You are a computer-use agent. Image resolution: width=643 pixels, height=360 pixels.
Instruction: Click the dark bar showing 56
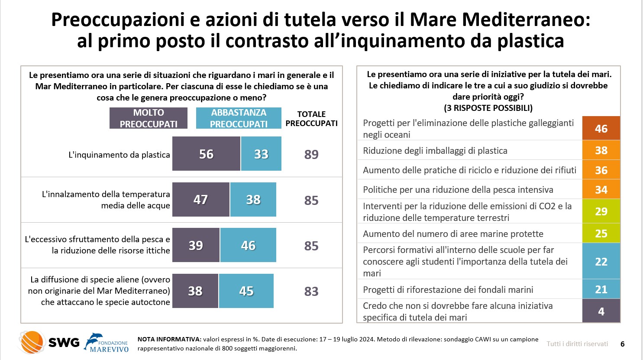pos(206,154)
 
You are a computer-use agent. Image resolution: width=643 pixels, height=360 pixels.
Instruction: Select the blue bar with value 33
pos(261,154)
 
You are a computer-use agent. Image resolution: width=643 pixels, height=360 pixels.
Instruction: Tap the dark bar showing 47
pos(201,199)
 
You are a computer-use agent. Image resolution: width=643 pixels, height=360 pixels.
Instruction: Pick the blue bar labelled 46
pos(248,245)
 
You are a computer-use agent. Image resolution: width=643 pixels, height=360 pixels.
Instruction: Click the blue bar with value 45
pos(246,291)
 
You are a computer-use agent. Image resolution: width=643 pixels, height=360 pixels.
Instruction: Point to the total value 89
pos(311,155)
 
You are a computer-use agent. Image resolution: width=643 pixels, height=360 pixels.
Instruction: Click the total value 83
pos(311,292)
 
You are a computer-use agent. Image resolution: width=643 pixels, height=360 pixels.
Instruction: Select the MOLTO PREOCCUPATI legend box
pos(149,118)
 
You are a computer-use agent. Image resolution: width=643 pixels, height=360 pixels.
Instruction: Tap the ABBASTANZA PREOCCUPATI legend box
pos(239,118)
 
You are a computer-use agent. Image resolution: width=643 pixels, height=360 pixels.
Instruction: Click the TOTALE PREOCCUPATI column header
pos(311,119)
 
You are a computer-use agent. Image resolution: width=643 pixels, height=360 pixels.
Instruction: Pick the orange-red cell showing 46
pos(601,128)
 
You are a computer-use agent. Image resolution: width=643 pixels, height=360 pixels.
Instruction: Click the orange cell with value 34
pos(601,190)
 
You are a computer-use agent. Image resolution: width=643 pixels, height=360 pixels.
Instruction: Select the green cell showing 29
pos(601,211)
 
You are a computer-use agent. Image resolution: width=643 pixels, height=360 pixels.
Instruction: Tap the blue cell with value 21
pos(601,289)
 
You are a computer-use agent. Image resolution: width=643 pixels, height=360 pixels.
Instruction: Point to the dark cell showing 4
pos(601,311)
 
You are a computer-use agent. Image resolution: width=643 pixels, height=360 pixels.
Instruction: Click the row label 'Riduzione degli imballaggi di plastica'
pos(435,151)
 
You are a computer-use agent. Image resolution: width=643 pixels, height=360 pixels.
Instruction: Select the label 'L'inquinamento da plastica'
pos(119,155)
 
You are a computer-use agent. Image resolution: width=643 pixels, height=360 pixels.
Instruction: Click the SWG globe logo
pos(32,342)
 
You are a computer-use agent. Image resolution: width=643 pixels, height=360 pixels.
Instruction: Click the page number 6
pos(623,344)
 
